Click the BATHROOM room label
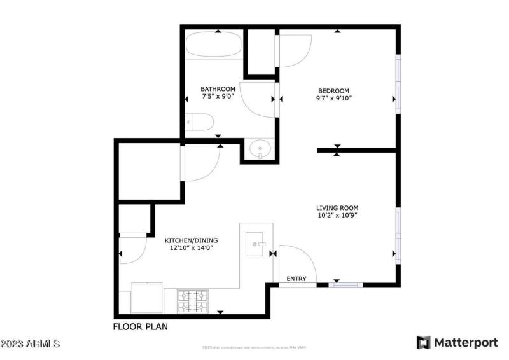tap(218, 89)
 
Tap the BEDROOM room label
tap(333, 90)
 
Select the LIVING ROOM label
tap(337, 208)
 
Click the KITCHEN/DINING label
tap(191, 240)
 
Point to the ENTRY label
tap(296, 279)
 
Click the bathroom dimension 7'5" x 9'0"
tap(218, 97)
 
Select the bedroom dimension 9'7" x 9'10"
tap(333, 99)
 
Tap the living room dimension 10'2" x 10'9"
tap(337, 216)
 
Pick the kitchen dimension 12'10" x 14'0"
tap(191, 249)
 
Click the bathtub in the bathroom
tap(213, 46)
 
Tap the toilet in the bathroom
tap(199, 121)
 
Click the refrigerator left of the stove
tap(147, 298)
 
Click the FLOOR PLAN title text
tap(140, 327)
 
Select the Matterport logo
tap(456, 343)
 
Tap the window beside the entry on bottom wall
tap(345, 285)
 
